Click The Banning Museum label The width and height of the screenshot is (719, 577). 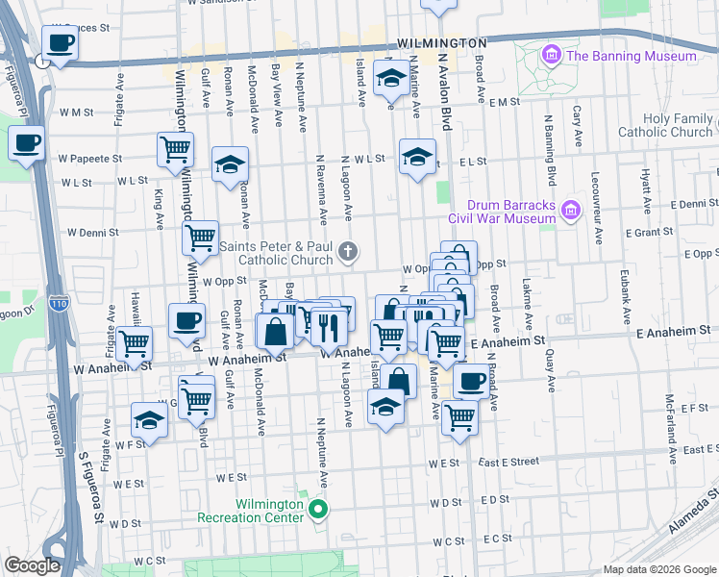point(631,56)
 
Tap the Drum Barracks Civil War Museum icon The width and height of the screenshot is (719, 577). point(571,209)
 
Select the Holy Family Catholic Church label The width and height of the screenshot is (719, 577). point(665,125)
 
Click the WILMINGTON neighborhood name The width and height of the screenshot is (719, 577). point(443,45)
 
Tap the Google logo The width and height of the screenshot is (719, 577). point(32,565)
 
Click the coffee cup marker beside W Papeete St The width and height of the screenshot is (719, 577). point(26,143)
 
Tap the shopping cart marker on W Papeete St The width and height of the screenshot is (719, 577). point(176,148)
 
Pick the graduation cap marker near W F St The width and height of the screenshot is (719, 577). point(149,420)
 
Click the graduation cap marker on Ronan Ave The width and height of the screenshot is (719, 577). point(231,164)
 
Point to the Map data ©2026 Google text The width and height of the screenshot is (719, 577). point(658,569)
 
